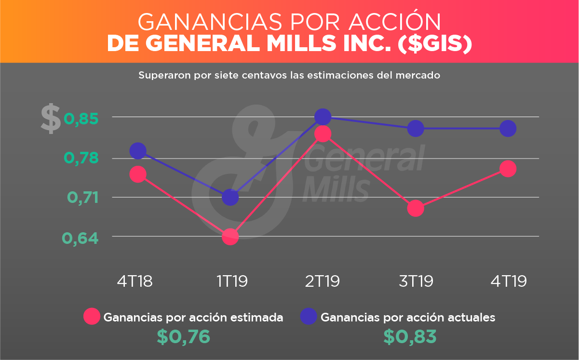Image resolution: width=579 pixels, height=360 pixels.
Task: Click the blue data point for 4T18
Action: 138,151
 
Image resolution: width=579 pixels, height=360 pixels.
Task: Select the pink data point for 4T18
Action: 138,174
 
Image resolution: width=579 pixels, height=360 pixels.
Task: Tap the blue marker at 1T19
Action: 230,197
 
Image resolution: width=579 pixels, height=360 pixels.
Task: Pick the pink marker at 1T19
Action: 230,236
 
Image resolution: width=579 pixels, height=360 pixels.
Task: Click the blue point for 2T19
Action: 323,117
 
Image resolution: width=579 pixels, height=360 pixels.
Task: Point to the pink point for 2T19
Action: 323,133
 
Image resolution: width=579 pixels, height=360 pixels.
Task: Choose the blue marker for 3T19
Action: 415,128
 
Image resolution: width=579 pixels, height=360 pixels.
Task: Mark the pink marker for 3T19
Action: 415,208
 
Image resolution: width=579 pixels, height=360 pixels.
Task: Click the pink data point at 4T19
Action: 508,169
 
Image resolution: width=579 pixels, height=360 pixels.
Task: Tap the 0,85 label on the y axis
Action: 81,118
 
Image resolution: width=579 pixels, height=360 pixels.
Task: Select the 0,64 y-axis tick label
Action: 80,238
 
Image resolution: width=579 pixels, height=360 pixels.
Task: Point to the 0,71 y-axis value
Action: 81,197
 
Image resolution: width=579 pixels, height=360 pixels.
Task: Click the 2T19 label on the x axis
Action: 323,281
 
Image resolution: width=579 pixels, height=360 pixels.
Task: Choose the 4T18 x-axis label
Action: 135,281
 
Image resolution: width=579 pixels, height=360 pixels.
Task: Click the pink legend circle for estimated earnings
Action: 92,317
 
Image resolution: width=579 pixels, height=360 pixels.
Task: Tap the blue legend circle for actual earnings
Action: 309,317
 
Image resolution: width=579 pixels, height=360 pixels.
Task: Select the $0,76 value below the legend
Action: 183,336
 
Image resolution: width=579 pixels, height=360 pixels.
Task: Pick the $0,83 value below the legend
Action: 410,336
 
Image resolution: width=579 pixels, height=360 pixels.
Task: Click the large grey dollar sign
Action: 50,119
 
